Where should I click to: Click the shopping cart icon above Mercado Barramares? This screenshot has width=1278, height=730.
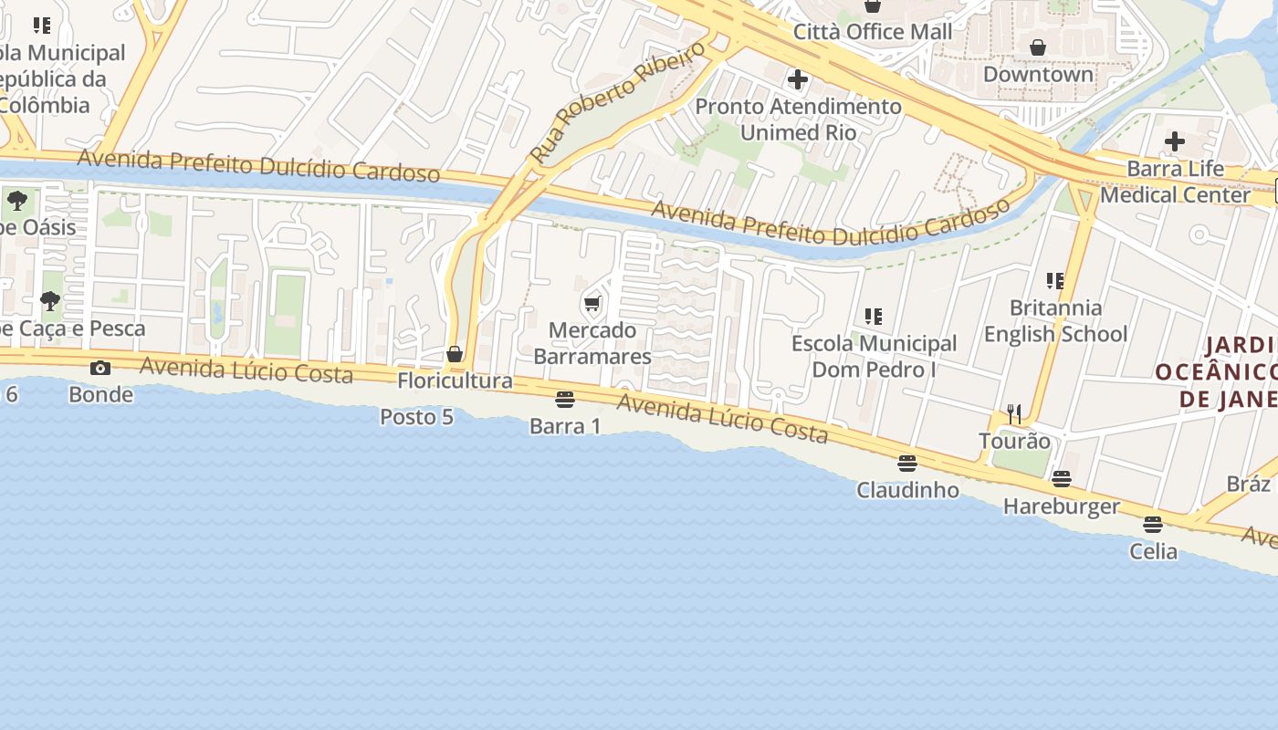[x=592, y=304]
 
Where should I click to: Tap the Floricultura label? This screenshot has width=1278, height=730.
[x=455, y=381]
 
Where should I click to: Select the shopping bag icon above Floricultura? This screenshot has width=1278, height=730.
[x=455, y=354]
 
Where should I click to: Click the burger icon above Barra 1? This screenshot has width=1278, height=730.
[x=565, y=400]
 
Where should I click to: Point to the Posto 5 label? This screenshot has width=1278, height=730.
[x=416, y=417]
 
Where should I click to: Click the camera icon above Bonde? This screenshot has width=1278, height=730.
[x=100, y=369]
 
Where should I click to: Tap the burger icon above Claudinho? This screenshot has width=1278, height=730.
[x=906, y=464]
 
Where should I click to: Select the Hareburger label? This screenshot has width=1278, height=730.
[x=1061, y=506]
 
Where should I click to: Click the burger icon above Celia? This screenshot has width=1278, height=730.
[x=1153, y=525]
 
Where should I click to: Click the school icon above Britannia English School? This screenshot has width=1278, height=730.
[x=1055, y=281]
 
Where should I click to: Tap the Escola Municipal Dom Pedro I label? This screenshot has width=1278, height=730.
[x=874, y=357]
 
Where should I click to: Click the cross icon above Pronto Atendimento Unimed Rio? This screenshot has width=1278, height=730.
[x=798, y=79]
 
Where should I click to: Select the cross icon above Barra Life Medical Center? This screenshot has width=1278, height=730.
[x=1175, y=141]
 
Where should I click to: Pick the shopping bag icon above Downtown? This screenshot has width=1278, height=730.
[x=1038, y=47]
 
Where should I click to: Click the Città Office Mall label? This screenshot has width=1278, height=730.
[x=872, y=32]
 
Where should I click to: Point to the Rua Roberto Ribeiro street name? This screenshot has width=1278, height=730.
[x=617, y=102]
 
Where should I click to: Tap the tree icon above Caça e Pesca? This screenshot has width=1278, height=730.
[x=50, y=301]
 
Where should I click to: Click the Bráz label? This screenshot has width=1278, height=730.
[x=1248, y=484]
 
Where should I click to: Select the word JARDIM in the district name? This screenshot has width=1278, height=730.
[x=1240, y=346]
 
